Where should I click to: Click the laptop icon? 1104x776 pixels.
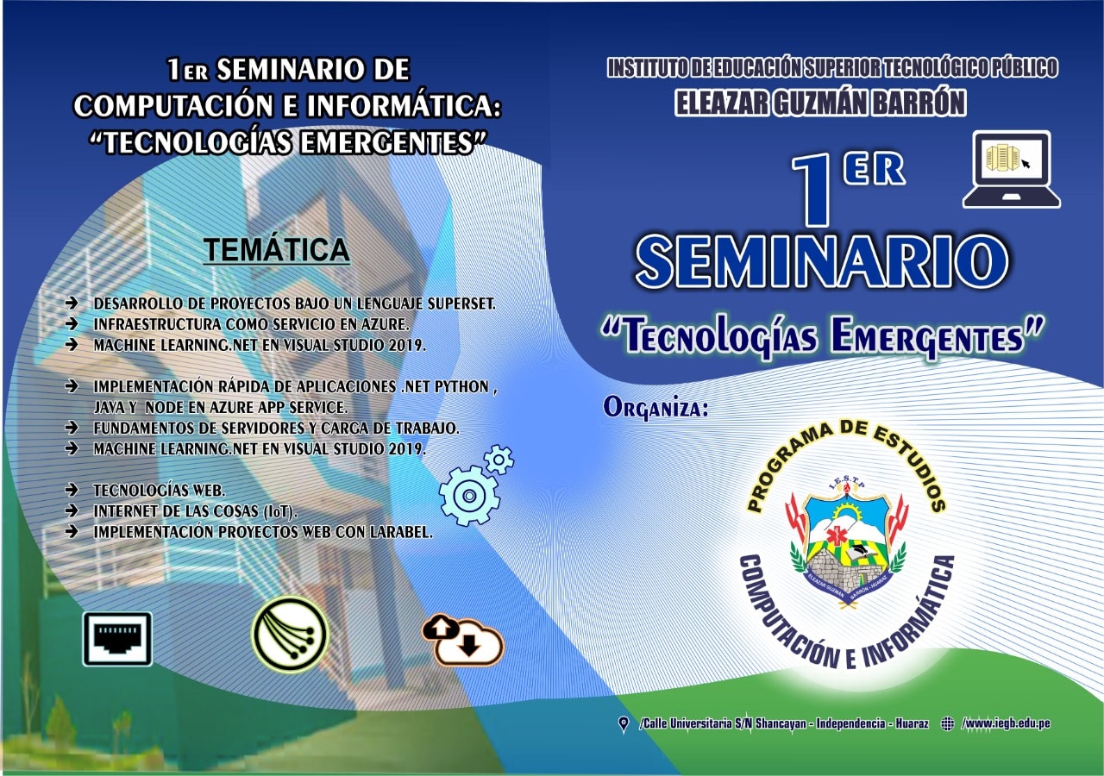[1012, 170]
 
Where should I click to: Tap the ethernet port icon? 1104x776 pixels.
[118, 639]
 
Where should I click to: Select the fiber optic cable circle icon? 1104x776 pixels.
[290, 634]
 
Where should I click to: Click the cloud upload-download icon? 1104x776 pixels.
[462, 640]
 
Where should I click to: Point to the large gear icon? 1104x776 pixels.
[468, 497]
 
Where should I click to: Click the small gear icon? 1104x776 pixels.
[499, 460]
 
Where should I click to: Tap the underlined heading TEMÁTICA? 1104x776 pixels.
[277, 249]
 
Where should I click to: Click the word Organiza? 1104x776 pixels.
[655, 408]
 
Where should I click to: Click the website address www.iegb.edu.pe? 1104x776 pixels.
[1006, 723]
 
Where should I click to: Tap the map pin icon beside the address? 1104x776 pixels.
[624, 723]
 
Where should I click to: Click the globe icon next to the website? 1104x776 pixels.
[947, 723]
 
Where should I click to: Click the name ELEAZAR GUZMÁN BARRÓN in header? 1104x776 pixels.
[819, 103]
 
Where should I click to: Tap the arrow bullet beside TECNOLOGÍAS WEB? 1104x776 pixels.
[72, 490]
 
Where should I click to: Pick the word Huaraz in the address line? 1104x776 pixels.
[912, 723]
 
